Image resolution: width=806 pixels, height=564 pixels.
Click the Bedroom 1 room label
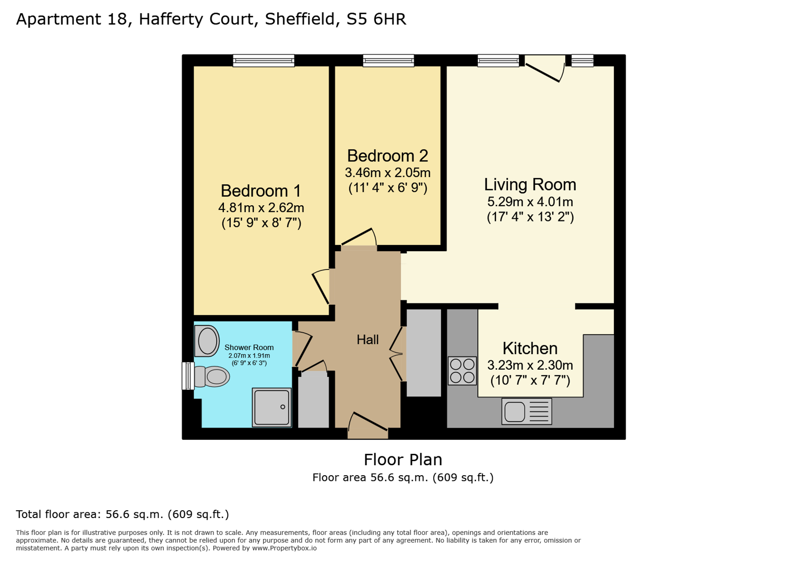(x=260, y=191)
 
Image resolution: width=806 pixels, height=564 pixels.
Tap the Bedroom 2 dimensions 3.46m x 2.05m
(x=387, y=172)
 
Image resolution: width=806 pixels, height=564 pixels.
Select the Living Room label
(x=530, y=184)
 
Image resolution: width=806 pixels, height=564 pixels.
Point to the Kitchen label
(x=530, y=348)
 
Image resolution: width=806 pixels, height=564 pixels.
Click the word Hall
(x=368, y=339)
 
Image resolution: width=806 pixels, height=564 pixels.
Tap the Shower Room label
(x=249, y=347)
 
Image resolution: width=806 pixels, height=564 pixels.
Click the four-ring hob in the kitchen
(x=462, y=370)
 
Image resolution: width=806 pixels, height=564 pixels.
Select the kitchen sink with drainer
(x=526, y=412)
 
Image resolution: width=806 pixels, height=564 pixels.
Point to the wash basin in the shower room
(x=207, y=341)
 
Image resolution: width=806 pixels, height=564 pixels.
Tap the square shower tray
(x=271, y=407)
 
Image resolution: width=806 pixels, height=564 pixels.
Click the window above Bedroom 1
(x=264, y=61)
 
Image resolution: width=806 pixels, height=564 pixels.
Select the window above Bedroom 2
(x=388, y=61)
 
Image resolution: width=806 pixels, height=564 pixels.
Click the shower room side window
(x=187, y=376)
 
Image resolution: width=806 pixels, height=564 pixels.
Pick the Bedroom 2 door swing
(x=359, y=238)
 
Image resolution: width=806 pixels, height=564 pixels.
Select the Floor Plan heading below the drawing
(x=402, y=460)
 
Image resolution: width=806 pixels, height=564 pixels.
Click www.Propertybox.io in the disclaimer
(x=284, y=548)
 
